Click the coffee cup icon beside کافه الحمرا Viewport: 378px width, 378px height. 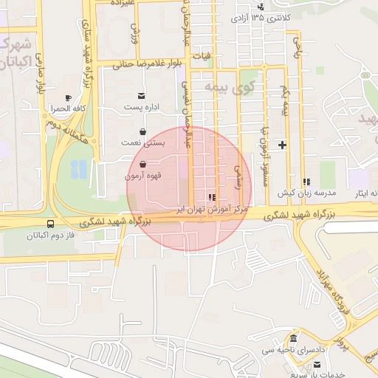68,98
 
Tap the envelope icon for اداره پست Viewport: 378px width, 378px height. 141,96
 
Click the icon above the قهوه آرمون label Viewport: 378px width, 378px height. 141,164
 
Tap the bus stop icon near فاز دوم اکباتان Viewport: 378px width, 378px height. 50,224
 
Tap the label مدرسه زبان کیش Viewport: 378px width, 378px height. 306,193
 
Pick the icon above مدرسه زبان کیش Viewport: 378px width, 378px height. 306,182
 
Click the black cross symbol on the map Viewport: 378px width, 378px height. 281,145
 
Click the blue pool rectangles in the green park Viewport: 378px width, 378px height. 77,171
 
